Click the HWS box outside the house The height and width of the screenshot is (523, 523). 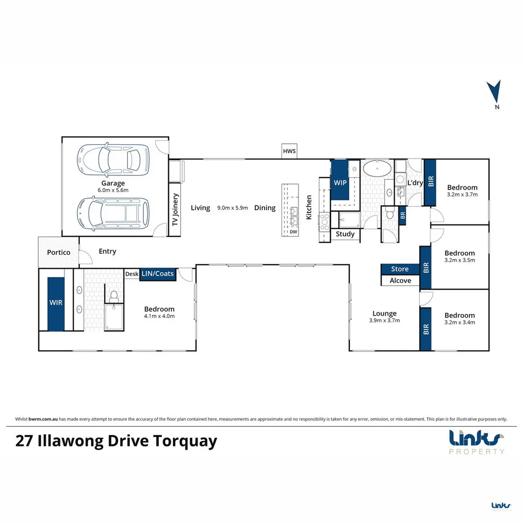289,151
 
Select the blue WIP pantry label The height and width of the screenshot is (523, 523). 340,183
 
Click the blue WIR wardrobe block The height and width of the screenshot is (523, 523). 56,304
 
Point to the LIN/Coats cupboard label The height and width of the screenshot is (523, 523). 157,274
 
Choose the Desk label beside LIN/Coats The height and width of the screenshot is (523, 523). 132,274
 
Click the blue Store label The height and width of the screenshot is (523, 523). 400,269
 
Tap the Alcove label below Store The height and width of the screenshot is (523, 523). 400,280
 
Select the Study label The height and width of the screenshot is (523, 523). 345,234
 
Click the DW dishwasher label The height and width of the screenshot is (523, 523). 293,232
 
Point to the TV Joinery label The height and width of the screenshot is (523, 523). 175,210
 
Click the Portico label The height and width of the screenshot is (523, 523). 59,252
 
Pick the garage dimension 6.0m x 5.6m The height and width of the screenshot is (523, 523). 113,190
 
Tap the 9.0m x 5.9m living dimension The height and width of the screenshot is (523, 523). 232,208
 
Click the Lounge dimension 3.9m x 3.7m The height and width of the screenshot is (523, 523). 384,321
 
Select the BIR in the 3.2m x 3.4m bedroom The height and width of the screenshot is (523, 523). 426,329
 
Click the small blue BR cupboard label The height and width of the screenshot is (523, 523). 402,215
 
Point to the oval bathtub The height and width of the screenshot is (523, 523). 377,169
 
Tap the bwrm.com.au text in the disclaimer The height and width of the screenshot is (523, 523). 43,419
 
